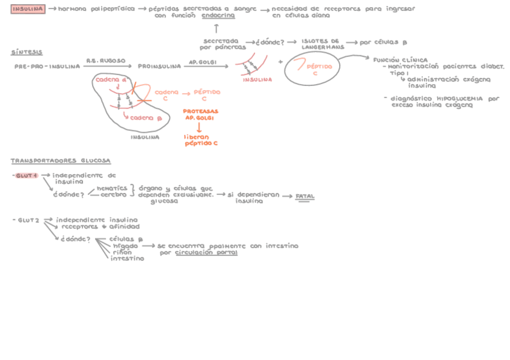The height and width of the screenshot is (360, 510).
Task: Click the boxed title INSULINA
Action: pos(28,9)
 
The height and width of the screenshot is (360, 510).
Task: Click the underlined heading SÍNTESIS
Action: pos(26,52)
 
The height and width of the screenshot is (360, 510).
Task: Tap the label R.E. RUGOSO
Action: pos(105,61)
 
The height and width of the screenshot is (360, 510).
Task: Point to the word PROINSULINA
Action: pos(159,66)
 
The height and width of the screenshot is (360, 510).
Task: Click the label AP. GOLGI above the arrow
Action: pos(203,61)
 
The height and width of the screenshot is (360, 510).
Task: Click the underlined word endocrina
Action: pos(218,16)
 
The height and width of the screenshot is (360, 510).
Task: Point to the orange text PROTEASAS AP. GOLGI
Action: pos(201,115)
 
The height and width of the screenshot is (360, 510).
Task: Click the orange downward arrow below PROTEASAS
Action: pos(200,127)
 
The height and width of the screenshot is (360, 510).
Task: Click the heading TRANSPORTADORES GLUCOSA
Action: pos(60,160)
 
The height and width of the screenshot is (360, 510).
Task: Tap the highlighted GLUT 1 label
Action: pos(27,175)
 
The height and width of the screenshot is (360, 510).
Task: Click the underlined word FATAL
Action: pos(305,197)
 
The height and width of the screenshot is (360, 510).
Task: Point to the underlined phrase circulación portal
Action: pos(206,253)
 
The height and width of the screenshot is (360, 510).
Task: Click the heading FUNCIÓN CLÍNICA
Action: pos(400,60)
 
